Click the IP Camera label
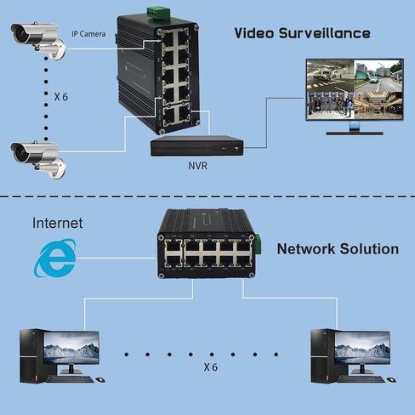click(x=88, y=34)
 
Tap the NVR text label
click(x=197, y=166)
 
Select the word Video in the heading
click(x=254, y=33)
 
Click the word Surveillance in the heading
click(x=325, y=33)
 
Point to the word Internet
click(x=57, y=223)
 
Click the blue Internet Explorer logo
click(x=55, y=258)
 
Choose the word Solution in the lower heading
click(x=369, y=249)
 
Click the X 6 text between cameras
click(x=61, y=97)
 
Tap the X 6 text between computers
click(x=211, y=367)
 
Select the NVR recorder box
click(x=197, y=145)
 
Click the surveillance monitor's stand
click(x=355, y=128)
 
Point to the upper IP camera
click(x=38, y=40)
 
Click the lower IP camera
click(x=38, y=159)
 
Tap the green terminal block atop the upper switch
click(x=158, y=14)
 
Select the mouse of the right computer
click(x=391, y=379)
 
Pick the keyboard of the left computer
click(x=70, y=379)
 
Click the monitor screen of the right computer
click(x=362, y=348)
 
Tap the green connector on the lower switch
click(x=259, y=243)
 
